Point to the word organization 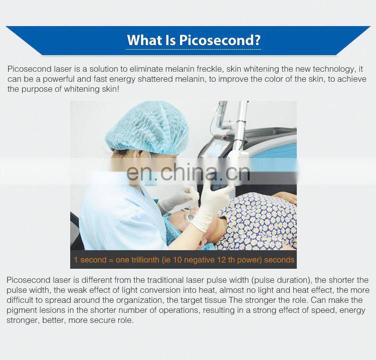coord(131,300)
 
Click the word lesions coord(52,310)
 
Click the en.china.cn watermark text coord(188,172)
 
